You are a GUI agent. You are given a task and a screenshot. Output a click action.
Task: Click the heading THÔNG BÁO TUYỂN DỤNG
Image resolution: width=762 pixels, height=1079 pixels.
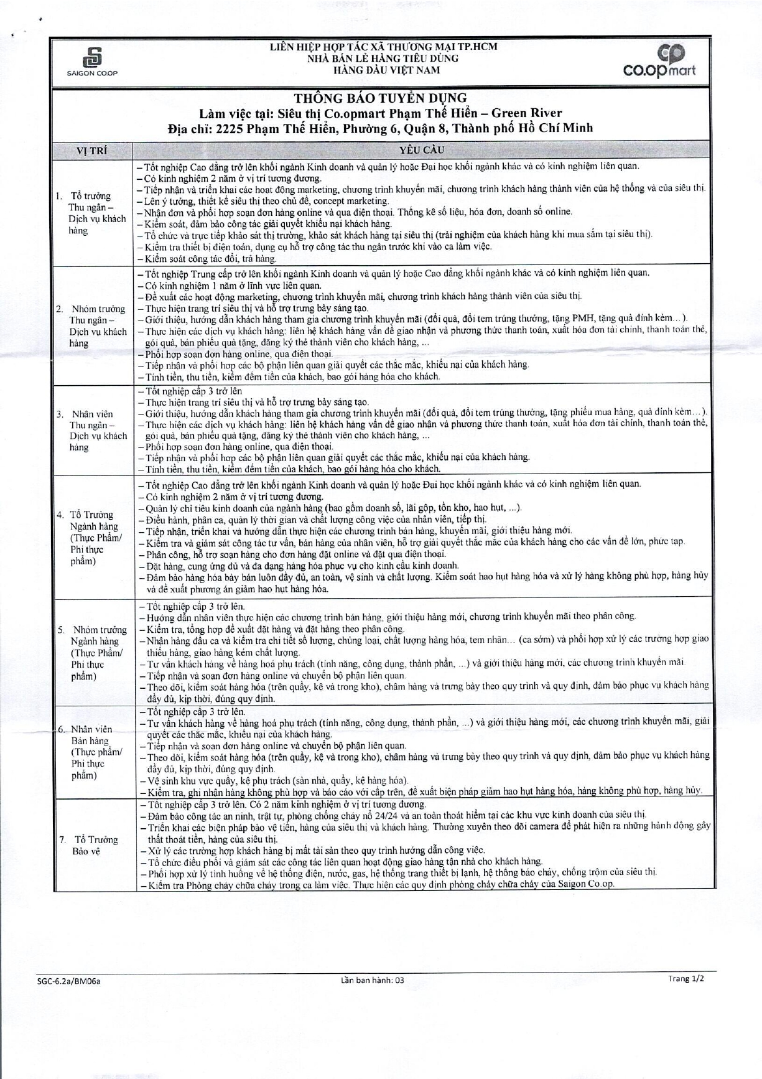[380, 98]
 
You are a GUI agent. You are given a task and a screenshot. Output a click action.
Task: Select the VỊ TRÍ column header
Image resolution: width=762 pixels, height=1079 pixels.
[91, 151]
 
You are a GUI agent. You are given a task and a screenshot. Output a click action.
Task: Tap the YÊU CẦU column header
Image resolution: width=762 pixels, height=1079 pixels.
[420, 151]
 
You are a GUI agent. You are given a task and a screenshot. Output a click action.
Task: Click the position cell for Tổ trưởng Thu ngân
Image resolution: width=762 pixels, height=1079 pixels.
[93, 213]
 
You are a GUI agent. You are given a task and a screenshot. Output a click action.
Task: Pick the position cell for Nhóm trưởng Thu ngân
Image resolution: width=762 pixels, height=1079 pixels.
[93, 325]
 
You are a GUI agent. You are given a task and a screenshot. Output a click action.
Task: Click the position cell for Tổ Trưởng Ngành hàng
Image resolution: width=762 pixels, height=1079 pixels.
[93, 538]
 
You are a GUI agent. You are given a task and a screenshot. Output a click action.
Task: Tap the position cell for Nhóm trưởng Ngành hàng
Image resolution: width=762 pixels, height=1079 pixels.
[93, 653]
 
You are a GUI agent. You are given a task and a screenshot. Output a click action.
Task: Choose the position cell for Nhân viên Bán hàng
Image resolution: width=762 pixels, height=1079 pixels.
[93, 752]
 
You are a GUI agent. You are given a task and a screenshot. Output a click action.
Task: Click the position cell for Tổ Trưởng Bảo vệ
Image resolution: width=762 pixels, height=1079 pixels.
[93, 845]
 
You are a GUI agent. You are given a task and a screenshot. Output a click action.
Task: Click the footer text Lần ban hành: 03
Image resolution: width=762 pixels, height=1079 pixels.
[372, 980]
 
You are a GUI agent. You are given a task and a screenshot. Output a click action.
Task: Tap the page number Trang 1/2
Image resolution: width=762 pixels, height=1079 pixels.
[686, 979]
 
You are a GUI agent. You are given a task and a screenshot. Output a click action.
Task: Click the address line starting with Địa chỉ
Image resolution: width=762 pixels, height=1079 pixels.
[380, 128]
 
